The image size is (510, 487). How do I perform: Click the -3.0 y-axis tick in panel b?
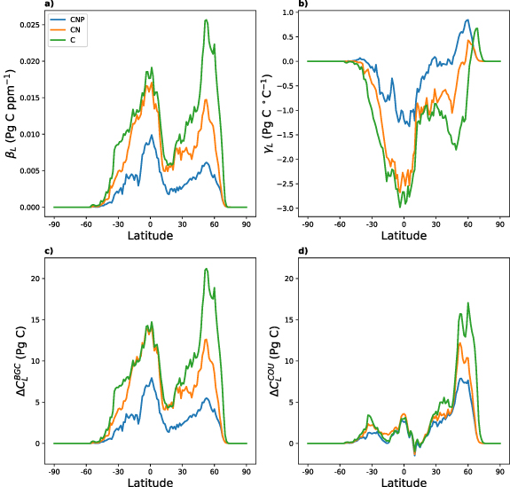coord(288,208)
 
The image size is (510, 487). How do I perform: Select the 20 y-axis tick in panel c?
coord(34,278)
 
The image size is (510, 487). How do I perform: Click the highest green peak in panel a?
coord(206,20)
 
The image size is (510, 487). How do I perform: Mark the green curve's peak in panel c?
coord(206,269)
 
